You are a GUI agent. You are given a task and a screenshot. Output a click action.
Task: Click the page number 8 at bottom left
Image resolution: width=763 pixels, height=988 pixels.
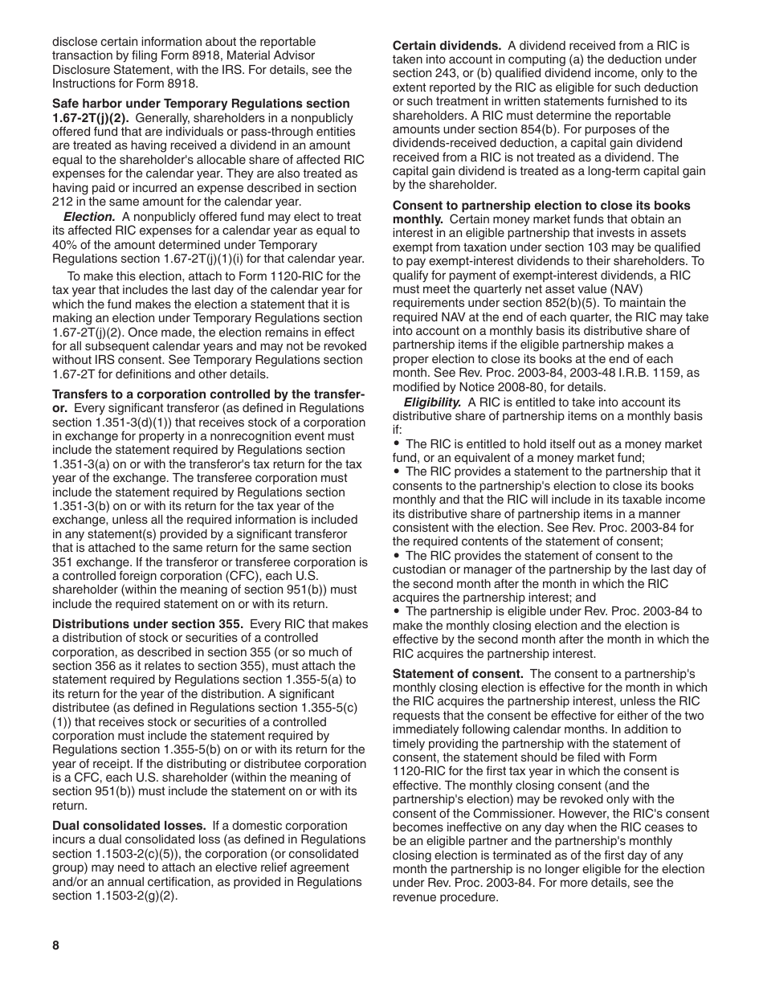pos(56,945)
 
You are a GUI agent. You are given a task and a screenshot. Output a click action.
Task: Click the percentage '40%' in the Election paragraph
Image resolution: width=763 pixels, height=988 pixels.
pos(65,245)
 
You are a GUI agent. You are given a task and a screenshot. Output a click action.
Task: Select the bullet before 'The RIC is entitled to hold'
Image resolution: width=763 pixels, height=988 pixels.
pos(397,443)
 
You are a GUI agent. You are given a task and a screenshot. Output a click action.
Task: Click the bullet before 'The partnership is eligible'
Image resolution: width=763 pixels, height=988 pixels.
pos(397,611)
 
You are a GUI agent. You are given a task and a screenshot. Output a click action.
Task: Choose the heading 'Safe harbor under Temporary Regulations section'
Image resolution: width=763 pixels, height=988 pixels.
pos(201,104)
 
